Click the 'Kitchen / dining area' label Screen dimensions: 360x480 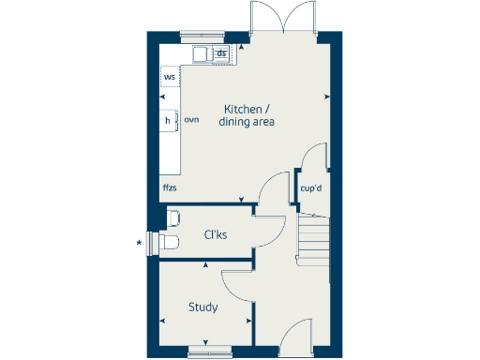click(247, 114)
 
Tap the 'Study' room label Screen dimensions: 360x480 click(202, 307)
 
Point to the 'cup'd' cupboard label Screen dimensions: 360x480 click(311, 187)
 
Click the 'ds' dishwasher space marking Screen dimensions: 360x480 click(221, 53)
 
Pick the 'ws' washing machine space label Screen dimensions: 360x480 click(170, 76)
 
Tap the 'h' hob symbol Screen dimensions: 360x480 click(168, 120)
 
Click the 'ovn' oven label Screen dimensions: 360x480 click(191, 120)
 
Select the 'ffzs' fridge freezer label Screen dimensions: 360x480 click(170, 187)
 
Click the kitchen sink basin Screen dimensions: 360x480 click(202, 54)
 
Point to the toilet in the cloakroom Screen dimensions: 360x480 click(169, 242)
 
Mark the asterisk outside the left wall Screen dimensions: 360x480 click(140, 244)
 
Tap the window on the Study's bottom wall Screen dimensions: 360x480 click(207, 352)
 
